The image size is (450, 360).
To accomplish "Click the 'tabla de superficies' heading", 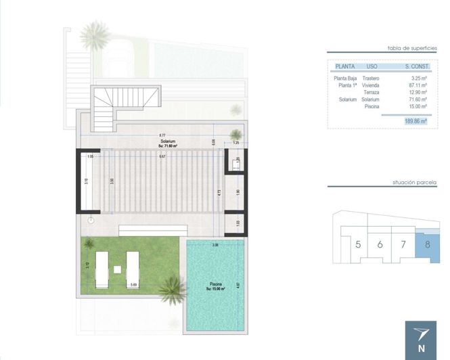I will coord(412,48).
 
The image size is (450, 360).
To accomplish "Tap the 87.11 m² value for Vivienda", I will coord(418,86).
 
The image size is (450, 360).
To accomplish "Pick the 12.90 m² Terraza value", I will coord(418,93).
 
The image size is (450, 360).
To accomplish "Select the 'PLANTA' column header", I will coord(345,66).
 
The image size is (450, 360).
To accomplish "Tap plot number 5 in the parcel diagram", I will coord(358,244).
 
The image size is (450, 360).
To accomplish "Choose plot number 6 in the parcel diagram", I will coord(380,244).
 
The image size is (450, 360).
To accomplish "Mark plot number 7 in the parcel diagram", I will coord(403,244).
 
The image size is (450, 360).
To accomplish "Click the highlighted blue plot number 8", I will coord(427,244).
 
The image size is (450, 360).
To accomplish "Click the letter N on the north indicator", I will coord(422,350).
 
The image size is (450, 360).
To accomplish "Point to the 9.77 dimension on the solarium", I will coord(162,135).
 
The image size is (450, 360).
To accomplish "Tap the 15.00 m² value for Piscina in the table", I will coord(418,106).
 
